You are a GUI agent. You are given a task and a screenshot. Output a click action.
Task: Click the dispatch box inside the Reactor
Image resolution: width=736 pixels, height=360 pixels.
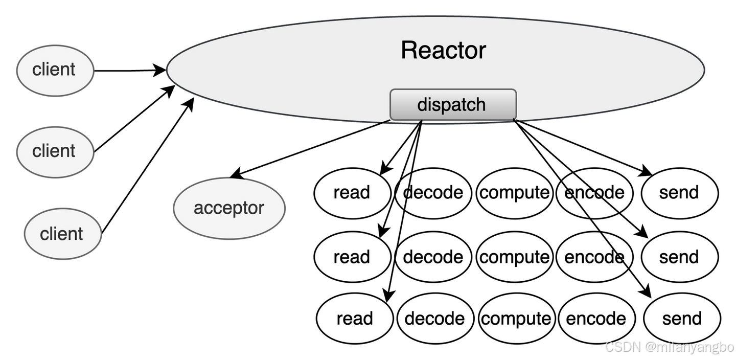point(453,105)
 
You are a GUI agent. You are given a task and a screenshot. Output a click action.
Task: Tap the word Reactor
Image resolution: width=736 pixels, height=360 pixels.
point(443,50)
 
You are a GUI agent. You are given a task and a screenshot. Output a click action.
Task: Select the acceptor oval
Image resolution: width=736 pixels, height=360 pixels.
point(229,208)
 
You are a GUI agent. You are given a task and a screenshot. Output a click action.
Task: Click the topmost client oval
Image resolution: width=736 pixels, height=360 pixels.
point(55,70)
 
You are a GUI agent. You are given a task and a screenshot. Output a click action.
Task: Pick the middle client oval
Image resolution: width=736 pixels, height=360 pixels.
point(55,151)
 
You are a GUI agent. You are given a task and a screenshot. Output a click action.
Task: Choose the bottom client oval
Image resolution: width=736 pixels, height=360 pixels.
point(62,234)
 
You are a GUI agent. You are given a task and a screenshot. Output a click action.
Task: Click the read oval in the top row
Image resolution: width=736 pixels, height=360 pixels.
point(352,193)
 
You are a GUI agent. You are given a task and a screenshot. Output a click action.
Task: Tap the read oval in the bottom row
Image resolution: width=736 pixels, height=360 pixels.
point(355,319)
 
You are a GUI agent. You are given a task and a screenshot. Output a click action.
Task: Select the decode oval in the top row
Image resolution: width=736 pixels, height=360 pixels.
point(433,193)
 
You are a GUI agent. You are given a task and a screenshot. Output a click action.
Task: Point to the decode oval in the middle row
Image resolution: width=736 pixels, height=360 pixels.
point(433,257)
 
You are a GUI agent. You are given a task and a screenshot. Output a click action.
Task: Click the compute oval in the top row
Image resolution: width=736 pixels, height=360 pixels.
point(514,193)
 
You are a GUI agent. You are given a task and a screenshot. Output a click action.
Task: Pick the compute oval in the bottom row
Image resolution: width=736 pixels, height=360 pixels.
point(516,319)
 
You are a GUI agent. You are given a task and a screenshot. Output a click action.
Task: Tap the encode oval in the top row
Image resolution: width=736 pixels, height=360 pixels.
point(594,193)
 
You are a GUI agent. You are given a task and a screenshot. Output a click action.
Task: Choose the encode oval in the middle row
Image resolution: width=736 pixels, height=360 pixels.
point(594,257)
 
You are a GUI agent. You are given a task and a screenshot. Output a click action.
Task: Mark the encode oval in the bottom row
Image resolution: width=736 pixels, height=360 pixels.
point(596,319)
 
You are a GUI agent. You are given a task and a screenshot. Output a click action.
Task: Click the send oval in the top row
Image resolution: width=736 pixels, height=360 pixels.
point(679,193)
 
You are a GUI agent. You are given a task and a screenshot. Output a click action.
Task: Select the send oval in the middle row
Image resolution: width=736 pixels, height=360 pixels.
point(679,257)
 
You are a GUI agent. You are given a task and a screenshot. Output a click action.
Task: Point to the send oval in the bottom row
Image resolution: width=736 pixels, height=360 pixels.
point(682,319)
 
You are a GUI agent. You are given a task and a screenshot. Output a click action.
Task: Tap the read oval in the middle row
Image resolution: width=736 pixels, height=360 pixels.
point(352,257)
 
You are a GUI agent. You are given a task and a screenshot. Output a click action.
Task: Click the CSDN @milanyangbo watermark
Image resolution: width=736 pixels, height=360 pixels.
point(669,347)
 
